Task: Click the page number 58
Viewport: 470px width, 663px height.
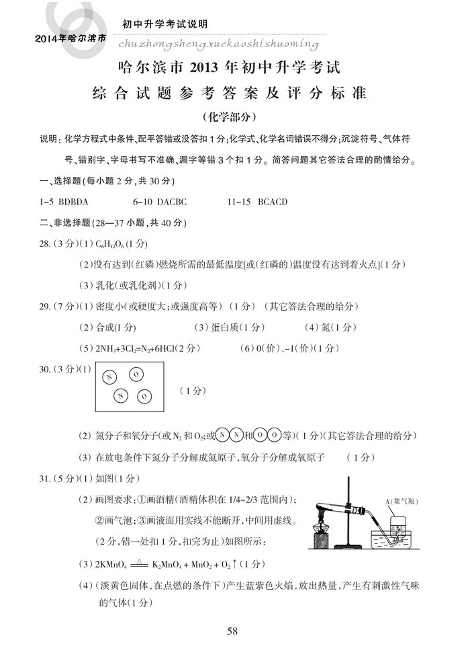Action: coord(233,631)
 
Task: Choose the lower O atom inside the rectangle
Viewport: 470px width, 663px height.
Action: coord(143,396)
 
